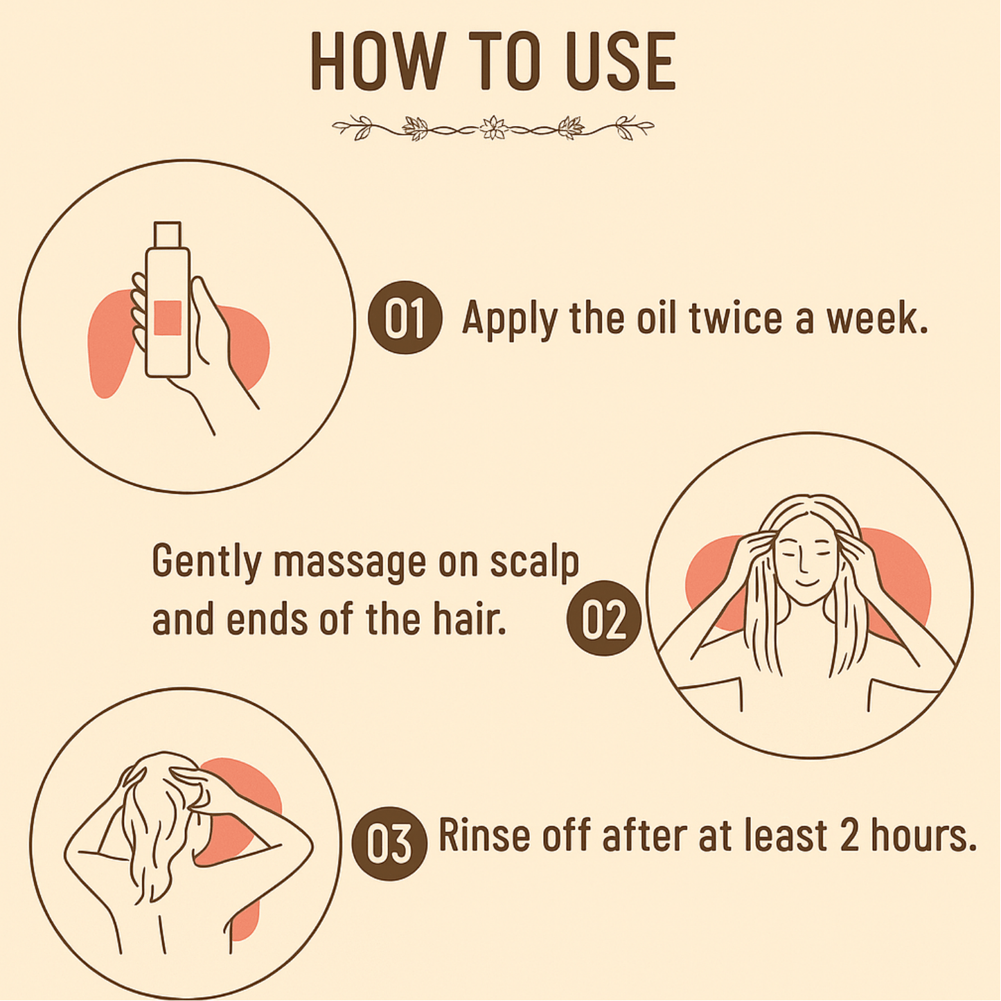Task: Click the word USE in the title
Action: coord(621,61)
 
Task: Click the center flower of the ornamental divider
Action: coord(493,127)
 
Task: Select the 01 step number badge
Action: coord(405,318)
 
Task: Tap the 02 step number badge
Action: coord(603,618)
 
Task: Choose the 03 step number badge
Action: coord(389,843)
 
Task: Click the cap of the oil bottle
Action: coord(167,234)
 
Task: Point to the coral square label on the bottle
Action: coord(167,318)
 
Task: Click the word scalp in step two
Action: coord(534,562)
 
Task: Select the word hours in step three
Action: coord(923,835)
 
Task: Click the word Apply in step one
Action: coord(509,319)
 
